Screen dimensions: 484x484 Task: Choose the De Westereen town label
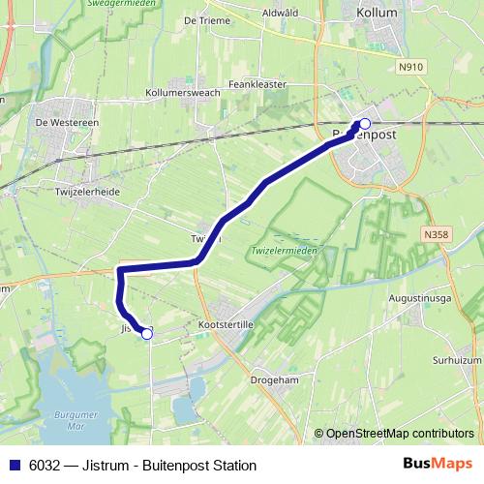point(69,123)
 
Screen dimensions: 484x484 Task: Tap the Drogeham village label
point(275,381)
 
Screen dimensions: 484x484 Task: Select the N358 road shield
point(436,234)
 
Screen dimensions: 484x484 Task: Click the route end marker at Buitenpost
point(365,124)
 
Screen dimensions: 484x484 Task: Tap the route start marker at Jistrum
point(147,333)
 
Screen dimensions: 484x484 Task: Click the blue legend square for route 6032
point(13,466)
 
